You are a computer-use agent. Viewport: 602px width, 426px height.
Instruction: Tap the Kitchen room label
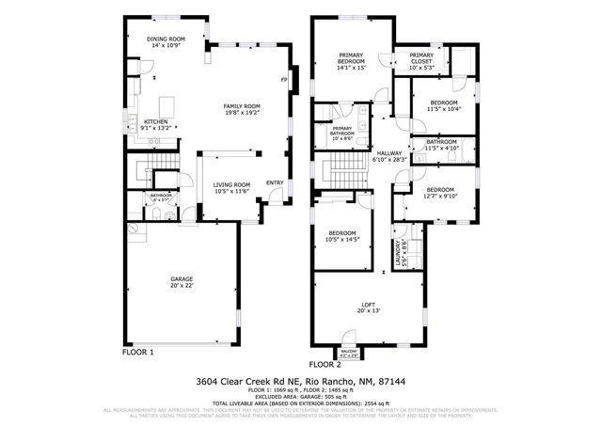pyautogui.click(x=155, y=121)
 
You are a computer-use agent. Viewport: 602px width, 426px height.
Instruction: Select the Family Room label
pyautogui.click(x=241, y=106)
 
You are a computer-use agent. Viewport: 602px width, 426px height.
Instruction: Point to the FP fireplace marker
pyautogui.click(x=283, y=80)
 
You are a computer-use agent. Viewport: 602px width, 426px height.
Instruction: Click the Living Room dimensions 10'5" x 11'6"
pyautogui.click(x=231, y=192)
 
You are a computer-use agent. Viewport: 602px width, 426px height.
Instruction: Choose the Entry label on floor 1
pyautogui.click(x=275, y=182)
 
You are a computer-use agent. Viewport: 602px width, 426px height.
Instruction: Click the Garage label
pyautogui.click(x=181, y=279)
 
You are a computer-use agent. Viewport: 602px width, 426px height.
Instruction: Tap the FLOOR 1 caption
pyautogui.click(x=138, y=352)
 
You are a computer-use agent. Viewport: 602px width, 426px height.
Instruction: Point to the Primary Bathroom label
pyautogui.click(x=341, y=132)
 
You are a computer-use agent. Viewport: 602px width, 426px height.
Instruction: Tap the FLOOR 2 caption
pyautogui.click(x=325, y=363)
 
